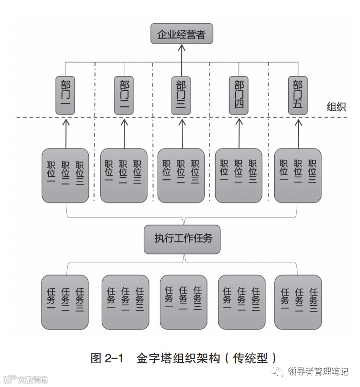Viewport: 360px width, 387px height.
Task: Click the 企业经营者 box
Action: pyautogui.click(x=181, y=34)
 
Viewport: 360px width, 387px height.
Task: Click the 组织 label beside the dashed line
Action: pyautogui.click(x=336, y=107)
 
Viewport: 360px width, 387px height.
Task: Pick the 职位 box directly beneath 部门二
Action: pyautogui.click(x=124, y=175)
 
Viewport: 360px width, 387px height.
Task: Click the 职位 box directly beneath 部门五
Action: pyautogui.click(x=298, y=175)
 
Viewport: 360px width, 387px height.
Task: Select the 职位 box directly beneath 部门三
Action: pyautogui.click(x=181, y=175)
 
